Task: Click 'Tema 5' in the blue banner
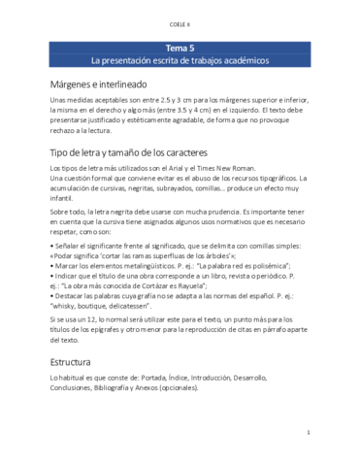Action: [x=180, y=48]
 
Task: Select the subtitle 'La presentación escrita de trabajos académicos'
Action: [x=180, y=60]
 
